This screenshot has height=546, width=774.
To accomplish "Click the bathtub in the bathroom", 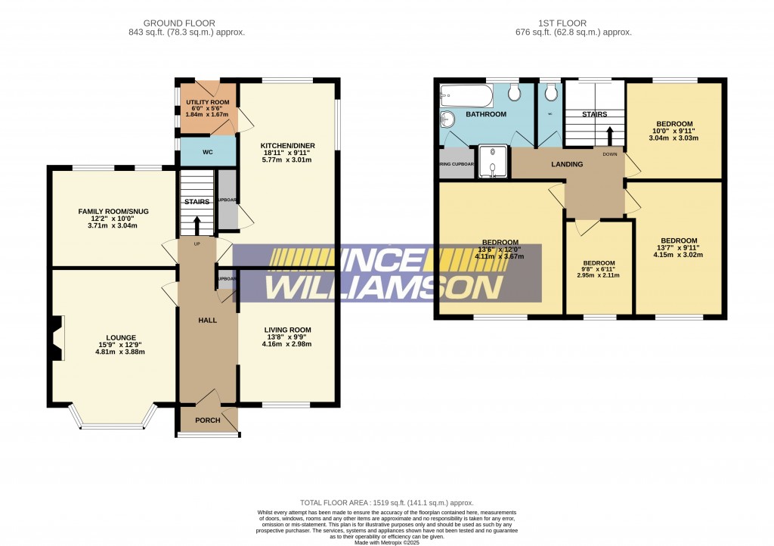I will [x=466, y=96].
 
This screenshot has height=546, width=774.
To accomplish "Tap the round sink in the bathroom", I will [x=447, y=119].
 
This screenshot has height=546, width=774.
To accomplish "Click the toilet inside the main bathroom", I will [x=515, y=92].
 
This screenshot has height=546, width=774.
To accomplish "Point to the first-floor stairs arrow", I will [x=610, y=135].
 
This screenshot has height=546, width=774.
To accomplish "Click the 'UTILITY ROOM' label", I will [x=208, y=102].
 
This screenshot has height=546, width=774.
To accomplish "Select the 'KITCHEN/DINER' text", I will [x=287, y=145].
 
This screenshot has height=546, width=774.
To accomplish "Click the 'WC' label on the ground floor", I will [x=208, y=152].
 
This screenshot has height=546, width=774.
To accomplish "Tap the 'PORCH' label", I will [x=208, y=420].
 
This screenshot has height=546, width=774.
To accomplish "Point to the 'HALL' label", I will [x=207, y=321].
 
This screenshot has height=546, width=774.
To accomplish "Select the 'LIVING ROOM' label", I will [x=287, y=330].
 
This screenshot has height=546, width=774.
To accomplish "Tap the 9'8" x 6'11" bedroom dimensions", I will [x=599, y=275].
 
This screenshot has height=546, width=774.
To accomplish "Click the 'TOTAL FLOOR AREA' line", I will [x=386, y=502].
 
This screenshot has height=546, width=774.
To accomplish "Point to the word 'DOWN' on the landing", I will [x=610, y=154].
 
